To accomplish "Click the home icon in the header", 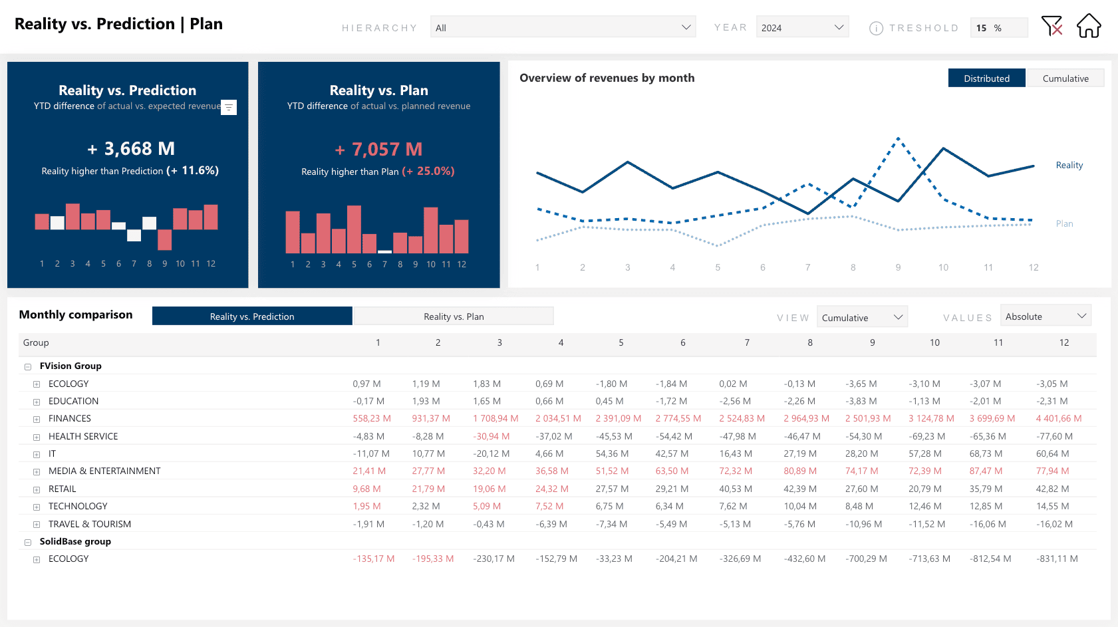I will (1089, 26).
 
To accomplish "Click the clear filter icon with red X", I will (1051, 26).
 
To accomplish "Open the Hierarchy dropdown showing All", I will (563, 27).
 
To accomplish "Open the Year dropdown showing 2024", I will (802, 27).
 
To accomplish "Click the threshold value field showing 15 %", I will (998, 28).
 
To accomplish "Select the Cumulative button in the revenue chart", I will (1065, 78).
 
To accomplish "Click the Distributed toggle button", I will (986, 78).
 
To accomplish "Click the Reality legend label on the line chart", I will (1069, 166).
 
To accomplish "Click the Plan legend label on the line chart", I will (1064, 224).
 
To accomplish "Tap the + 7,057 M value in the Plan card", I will (378, 150).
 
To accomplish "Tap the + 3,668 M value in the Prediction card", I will (131, 149).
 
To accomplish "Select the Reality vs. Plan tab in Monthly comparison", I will (454, 316).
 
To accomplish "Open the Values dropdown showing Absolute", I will (1045, 316).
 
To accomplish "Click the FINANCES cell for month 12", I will (1058, 419).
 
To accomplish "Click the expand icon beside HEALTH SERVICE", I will (37, 437).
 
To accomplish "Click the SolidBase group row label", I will (75, 542).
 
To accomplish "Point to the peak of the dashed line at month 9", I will (898, 138).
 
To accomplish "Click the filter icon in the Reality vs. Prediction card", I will (228, 107).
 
